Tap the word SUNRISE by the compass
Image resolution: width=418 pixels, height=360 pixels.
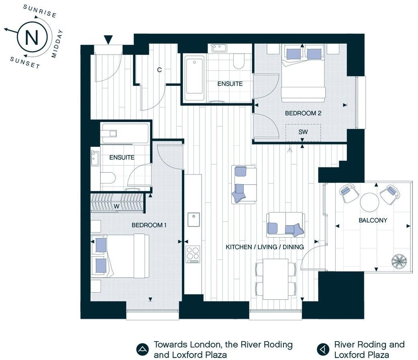click(x=40, y=11)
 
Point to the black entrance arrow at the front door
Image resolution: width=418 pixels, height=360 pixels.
click(x=108, y=40)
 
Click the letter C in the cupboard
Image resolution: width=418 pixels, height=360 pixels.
click(x=159, y=70)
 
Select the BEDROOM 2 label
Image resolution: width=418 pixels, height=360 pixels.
click(x=303, y=113)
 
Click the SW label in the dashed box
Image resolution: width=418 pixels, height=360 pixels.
click(x=303, y=132)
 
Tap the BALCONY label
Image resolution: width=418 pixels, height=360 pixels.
click(x=373, y=220)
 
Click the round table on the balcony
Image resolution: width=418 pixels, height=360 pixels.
click(x=369, y=202)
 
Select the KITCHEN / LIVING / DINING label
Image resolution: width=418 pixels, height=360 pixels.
click(x=265, y=247)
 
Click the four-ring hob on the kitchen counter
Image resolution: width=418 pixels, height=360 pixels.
click(x=193, y=254)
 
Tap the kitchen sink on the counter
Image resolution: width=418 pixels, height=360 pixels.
click(x=194, y=219)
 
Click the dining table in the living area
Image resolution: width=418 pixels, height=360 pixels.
click(x=275, y=279)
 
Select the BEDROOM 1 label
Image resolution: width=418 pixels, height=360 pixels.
click(x=149, y=225)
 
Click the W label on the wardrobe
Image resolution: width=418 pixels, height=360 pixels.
click(x=116, y=207)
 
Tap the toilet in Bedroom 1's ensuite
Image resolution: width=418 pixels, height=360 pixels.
click(x=108, y=178)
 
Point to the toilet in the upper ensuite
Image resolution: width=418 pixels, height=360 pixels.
click(x=239, y=61)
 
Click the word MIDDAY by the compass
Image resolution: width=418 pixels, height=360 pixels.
click(x=57, y=44)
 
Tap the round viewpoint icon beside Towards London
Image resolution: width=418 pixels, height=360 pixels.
click(x=143, y=349)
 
